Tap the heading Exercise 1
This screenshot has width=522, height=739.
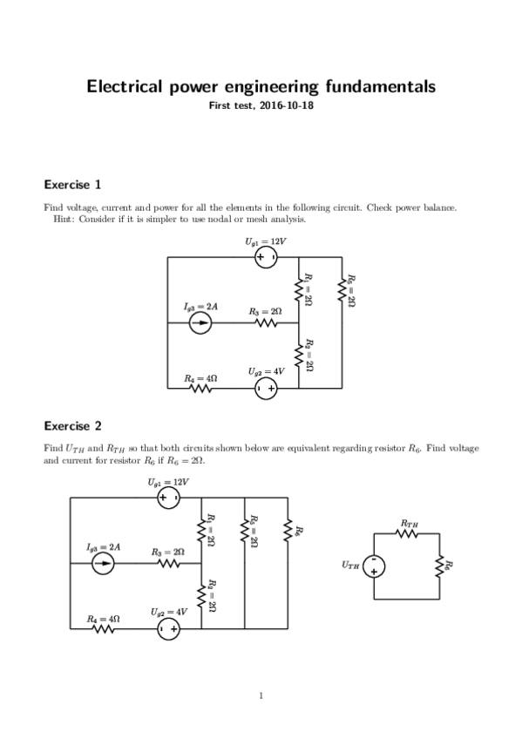tap(72, 185)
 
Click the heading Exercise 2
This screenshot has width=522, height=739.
tap(72, 426)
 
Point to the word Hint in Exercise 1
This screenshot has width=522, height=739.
tap(65, 219)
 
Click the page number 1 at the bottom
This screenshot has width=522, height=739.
tap(261, 695)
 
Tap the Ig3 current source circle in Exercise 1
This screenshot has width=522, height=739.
tap(200, 323)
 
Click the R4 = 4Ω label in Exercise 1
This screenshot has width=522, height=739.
tap(200, 378)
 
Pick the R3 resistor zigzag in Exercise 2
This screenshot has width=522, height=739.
tap(168, 564)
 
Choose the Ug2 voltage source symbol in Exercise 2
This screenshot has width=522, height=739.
tap(168, 627)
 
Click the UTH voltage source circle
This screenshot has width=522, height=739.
tap(374, 566)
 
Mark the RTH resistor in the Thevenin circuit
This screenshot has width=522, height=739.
tap(407, 533)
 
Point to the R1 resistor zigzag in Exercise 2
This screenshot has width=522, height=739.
tap(202, 530)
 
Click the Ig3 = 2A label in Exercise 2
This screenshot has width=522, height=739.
tap(103, 546)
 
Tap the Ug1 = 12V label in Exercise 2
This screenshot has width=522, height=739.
tap(167, 481)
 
